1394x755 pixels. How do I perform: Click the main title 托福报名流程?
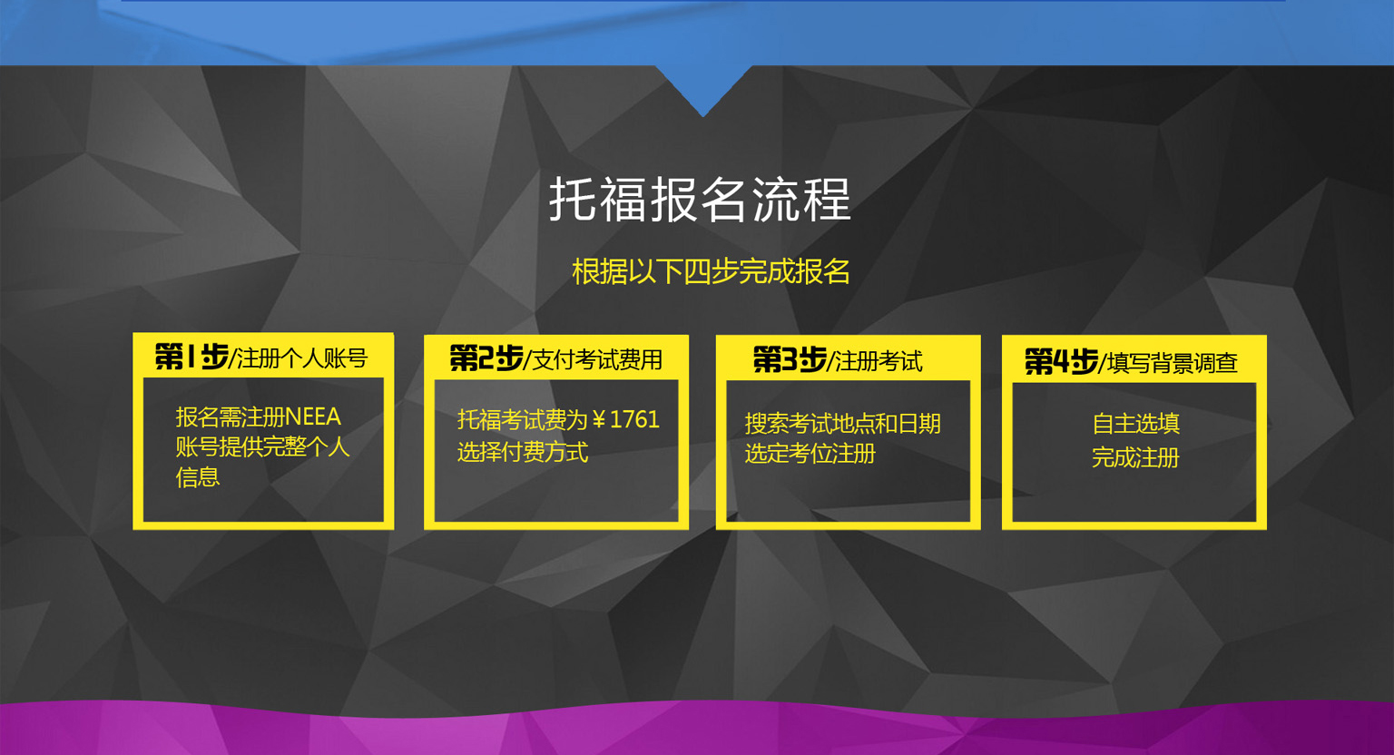(x=700, y=199)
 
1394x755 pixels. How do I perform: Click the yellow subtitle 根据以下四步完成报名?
(x=711, y=271)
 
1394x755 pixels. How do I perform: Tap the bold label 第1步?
(x=191, y=357)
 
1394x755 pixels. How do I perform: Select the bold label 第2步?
(x=486, y=358)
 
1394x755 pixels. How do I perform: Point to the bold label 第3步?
(x=790, y=359)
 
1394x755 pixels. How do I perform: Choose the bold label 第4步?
(x=1061, y=362)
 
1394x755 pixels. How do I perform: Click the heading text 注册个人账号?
(x=302, y=358)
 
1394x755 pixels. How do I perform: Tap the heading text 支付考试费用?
(x=597, y=360)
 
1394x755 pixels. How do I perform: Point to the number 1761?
(x=634, y=419)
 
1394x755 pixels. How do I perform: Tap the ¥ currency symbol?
(x=599, y=420)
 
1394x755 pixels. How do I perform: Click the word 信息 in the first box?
(x=197, y=477)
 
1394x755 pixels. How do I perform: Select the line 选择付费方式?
(x=522, y=452)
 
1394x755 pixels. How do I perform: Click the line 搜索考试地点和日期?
(x=842, y=424)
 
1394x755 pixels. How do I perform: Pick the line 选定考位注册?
(x=810, y=454)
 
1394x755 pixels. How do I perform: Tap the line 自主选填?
(x=1135, y=424)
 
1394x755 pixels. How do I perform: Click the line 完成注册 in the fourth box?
(x=1135, y=457)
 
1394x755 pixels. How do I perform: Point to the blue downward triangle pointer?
(x=703, y=87)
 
